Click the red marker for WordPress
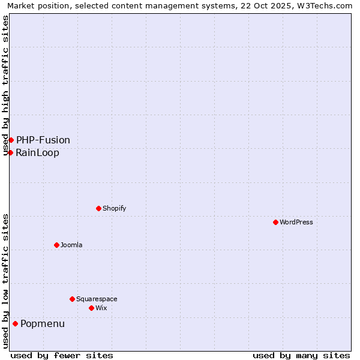[275, 222]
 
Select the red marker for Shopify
[98, 208]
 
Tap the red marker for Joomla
[56, 245]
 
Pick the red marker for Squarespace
[72, 299]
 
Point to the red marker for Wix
[91, 308]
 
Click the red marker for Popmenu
[15, 324]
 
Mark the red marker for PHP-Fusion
[11, 140]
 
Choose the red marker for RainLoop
[10, 152]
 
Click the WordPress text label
[296, 223]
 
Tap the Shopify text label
[114, 209]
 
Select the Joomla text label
[71, 245]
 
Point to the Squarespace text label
[97, 299]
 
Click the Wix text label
[101, 308]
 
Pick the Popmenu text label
[43, 324]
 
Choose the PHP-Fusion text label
[43, 140]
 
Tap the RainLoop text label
[38, 153]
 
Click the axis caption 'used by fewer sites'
[62, 355]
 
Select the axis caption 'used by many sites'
[301, 355]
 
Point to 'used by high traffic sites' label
[6, 86]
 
